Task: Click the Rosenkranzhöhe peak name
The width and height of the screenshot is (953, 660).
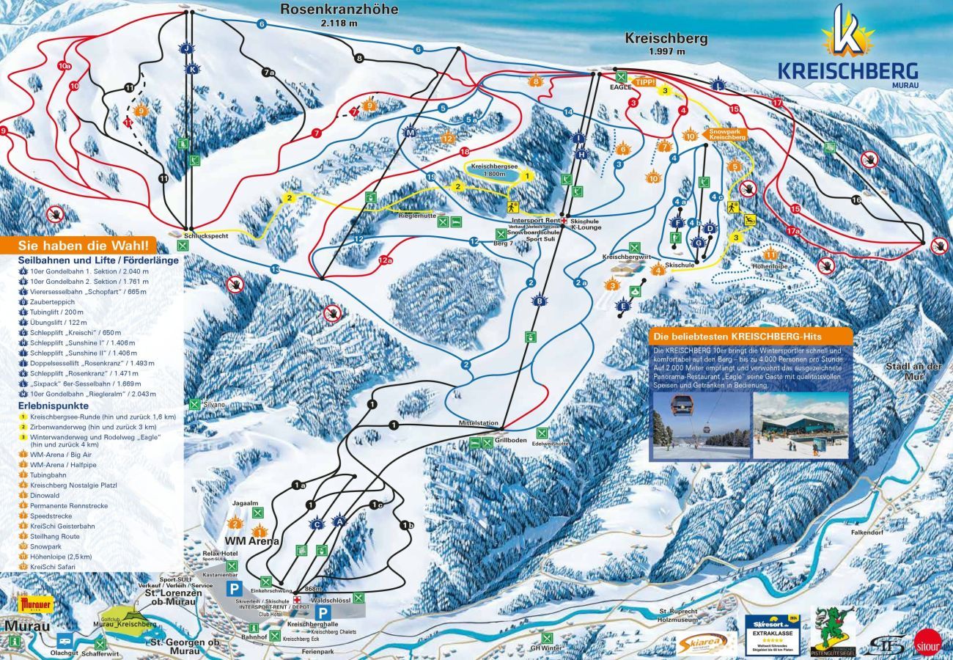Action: (339, 10)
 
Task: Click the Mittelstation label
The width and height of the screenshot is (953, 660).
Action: (478, 423)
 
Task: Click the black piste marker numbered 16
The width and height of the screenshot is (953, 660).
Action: (856, 199)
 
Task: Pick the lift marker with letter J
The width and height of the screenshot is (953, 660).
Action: (187, 48)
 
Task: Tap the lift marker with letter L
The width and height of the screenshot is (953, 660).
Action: (718, 85)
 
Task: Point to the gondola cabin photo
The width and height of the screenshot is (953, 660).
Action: (700, 426)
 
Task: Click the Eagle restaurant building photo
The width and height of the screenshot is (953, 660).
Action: (801, 426)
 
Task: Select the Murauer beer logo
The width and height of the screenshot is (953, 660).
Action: (37, 604)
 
